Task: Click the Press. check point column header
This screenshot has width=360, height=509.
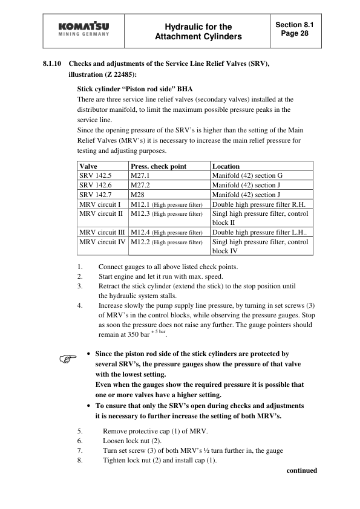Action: pos(158,166)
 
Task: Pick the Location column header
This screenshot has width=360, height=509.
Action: pos(226,166)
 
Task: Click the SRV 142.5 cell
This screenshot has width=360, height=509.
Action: pos(96,175)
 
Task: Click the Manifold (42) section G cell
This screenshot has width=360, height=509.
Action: pos(247,175)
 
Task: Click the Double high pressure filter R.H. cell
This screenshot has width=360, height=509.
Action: pos(259,204)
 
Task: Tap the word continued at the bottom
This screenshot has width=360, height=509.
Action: pos(301,470)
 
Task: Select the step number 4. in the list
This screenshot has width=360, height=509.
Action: pos(80,305)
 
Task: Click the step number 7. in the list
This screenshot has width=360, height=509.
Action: pos(80,451)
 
